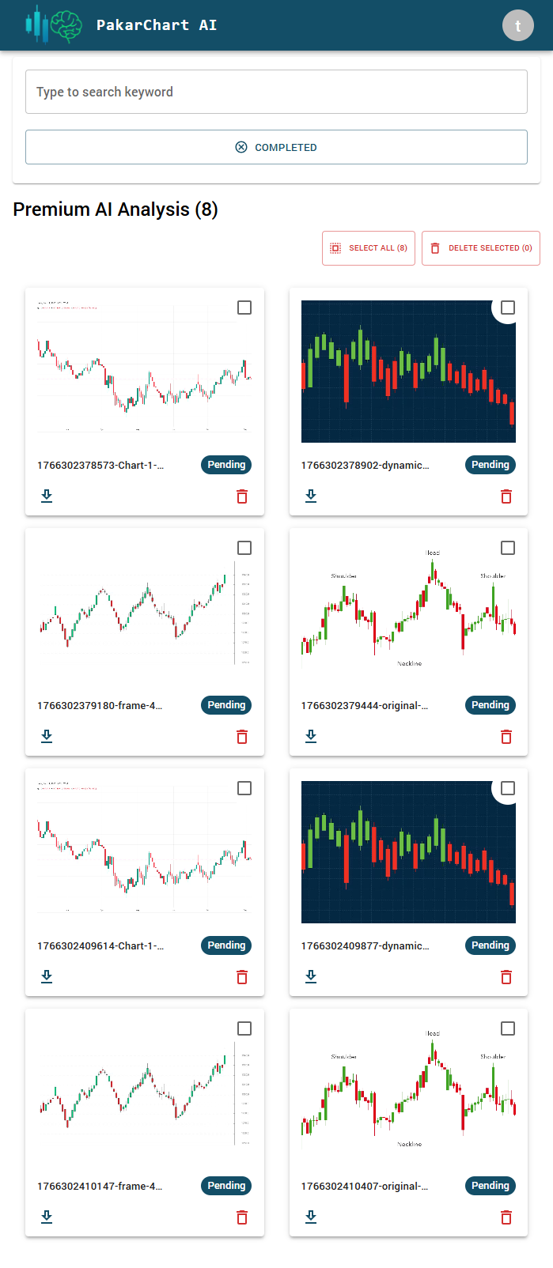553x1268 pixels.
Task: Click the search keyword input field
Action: tap(276, 92)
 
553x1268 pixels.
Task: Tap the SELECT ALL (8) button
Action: tap(369, 248)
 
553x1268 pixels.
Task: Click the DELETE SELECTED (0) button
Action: tap(481, 248)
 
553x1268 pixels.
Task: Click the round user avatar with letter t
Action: tap(518, 25)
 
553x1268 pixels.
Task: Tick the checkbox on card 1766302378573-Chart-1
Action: tap(244, 308)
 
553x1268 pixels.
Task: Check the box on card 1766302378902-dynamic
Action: tap(508, 308)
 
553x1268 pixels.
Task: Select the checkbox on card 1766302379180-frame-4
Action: tap(244, 548)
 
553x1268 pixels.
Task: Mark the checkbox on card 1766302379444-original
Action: tap(508, 548)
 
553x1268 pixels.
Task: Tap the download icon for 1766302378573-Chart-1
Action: tap(47, 496)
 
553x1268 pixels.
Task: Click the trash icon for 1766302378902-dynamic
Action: tap(506, 496)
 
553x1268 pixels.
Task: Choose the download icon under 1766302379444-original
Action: tap(311, 736)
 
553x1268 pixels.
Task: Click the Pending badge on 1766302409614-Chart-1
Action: tap(226, 945)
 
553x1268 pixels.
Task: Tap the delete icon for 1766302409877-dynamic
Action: tap(506, 976)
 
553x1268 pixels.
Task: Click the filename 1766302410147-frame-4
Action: tap(100, 1186)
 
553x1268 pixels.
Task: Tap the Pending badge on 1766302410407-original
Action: tap(491, 1186)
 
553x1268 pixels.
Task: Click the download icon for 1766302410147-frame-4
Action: tap(47, 1217)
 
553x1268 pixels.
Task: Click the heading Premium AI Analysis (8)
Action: tap(116, 209)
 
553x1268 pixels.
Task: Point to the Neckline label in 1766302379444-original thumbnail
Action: tap(410, 663)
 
